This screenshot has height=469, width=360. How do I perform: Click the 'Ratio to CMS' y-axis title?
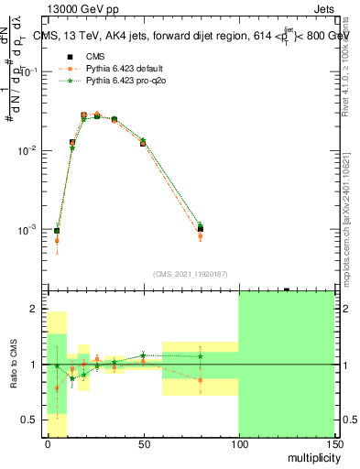14,365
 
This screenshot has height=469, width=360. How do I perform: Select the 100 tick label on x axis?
238,443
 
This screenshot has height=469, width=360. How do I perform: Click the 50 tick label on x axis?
143,443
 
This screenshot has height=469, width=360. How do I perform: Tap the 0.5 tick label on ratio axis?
34,420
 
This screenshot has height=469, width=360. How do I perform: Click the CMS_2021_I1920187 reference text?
190,273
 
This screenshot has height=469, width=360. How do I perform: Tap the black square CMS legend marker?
66,57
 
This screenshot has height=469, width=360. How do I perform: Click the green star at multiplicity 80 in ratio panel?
200,356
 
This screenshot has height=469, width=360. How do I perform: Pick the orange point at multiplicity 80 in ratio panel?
200,379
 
